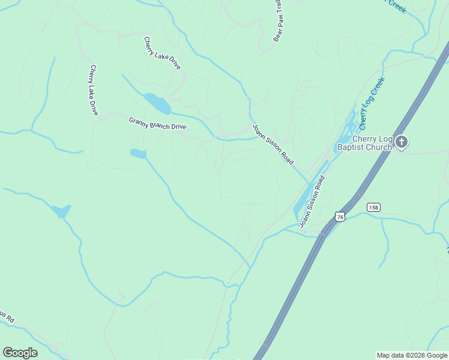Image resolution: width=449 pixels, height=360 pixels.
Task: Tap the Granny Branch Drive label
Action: (x=157, y=123)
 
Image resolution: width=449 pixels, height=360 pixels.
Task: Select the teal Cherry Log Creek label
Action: (x=372, y=103)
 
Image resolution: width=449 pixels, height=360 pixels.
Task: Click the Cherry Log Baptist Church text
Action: (x=364, y=143)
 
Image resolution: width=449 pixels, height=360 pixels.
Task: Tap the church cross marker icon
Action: (x=402, y=142)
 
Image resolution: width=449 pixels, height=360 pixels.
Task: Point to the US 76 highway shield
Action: (x=340, y=217)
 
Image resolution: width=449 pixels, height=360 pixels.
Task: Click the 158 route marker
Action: (x=373, y=207)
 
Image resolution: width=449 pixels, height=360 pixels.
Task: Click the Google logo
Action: (x=20, y=353)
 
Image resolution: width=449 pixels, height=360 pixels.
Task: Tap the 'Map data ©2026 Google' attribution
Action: (x=412, y=355)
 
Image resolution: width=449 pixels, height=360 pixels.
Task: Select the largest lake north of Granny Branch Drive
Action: (x=158, y=103)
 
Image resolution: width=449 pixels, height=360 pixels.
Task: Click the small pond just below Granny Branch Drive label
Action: (x=138, y=154)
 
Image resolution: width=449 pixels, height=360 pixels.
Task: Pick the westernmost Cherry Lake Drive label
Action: (x=94, y=90)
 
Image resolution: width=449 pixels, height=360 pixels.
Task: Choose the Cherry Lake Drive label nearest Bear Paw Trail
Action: (x=162, y=53)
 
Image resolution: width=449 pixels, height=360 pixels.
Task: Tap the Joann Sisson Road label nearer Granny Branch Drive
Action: (x=273, y=145)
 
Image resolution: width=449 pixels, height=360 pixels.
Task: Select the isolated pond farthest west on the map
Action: (x=61, y=211)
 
